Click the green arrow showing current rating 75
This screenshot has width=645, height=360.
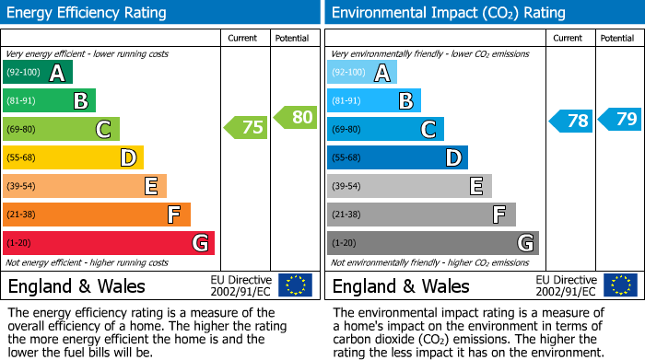247,128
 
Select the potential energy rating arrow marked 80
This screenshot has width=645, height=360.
296,117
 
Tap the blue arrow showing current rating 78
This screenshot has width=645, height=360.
571,121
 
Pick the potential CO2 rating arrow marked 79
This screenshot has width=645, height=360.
620,119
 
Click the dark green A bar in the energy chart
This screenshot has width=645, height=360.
37,73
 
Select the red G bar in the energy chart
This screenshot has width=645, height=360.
108,243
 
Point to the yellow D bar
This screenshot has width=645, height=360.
73,157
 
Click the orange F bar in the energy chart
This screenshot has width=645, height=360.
96,215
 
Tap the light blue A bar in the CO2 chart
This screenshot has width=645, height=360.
361,73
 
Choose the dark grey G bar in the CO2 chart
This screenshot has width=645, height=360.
432,243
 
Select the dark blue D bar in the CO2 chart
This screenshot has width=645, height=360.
397,157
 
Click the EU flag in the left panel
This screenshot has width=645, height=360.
295,285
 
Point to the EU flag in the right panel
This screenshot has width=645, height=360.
619,285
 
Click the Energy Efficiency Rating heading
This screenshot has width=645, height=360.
88,13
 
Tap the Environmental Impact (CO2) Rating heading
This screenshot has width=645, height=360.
447,13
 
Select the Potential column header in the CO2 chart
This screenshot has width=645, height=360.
617,38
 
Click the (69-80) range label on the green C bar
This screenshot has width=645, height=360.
23,129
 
